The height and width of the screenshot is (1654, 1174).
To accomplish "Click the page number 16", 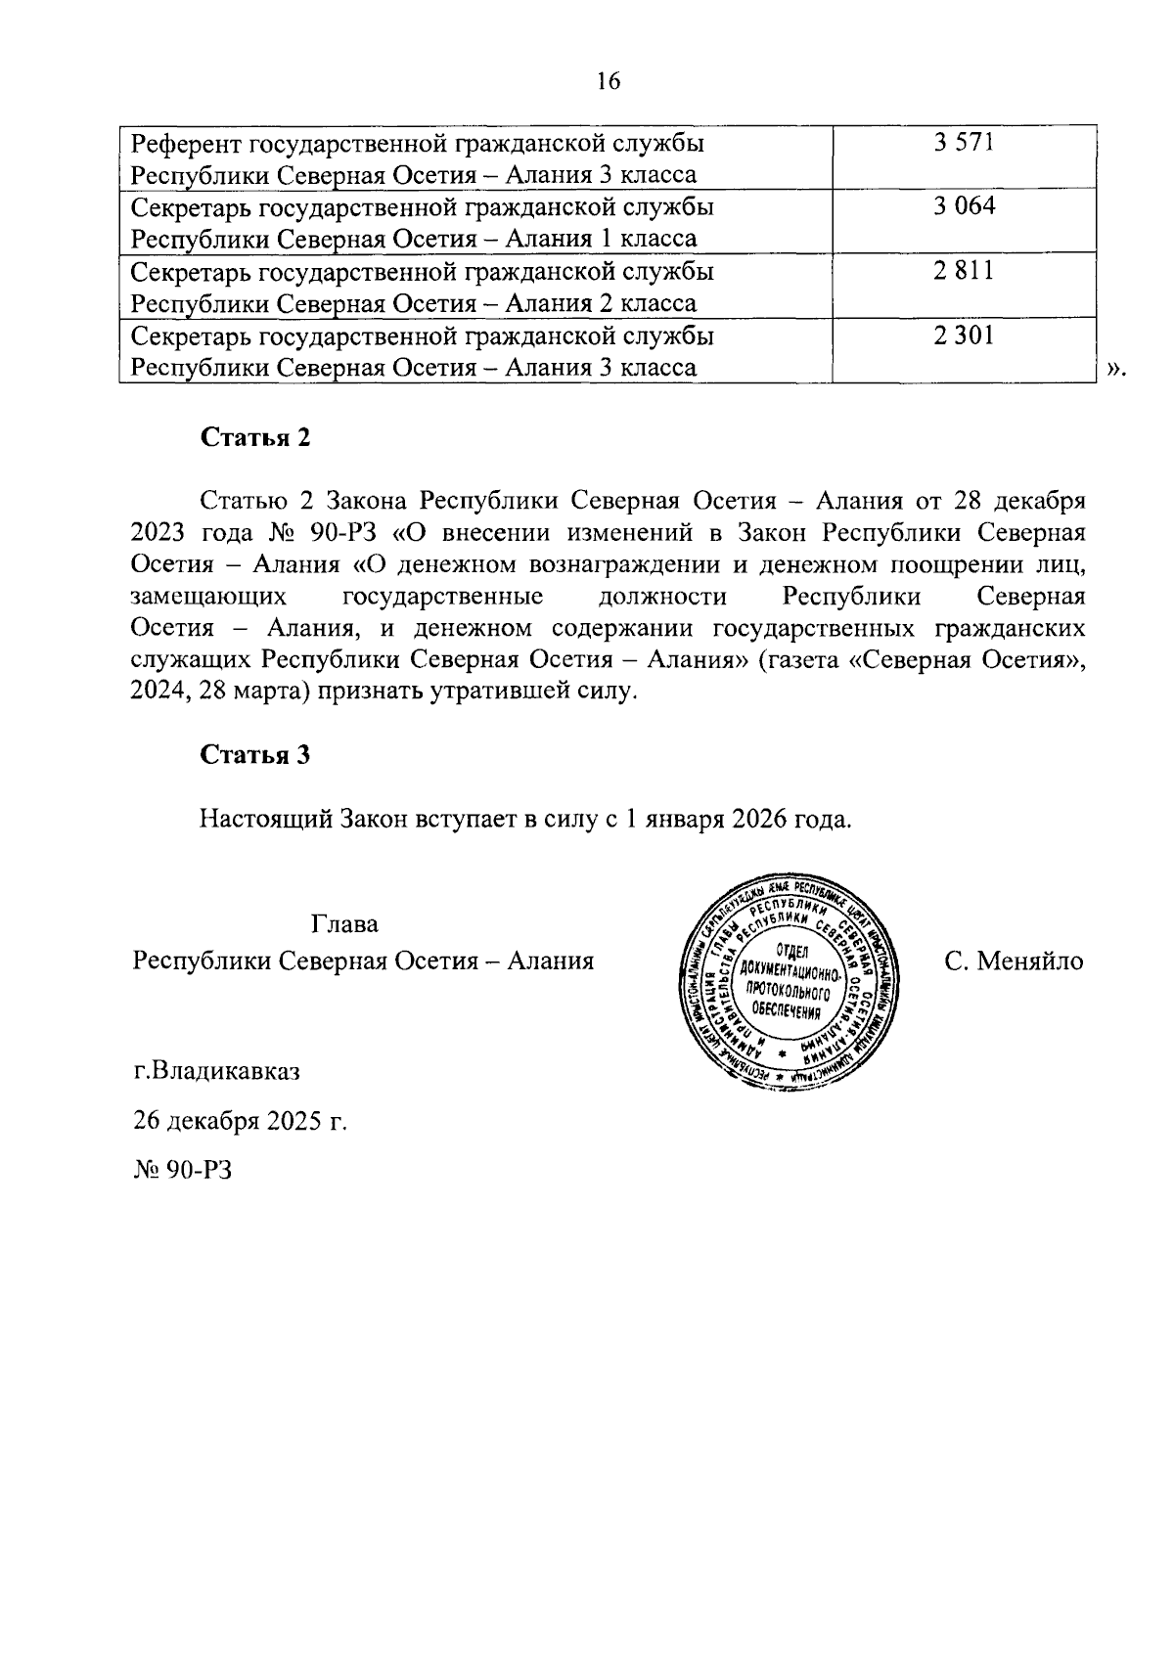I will click(608, 81).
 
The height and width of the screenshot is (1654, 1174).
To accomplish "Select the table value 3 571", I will click(964, 143).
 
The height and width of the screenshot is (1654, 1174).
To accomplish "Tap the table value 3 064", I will click(964, 207).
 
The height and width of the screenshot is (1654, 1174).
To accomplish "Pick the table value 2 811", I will click(964, 271).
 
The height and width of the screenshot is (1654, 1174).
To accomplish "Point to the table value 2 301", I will click(964, 335).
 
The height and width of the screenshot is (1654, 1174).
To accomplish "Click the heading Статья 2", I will click(255, 437).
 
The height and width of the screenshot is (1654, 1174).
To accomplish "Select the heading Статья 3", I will click(255, 754).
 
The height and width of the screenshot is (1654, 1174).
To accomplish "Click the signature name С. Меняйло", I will click(1014, 961).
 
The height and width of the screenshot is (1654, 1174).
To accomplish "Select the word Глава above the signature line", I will click(344, 923).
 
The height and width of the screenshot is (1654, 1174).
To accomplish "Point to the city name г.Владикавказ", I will click(217, 1070).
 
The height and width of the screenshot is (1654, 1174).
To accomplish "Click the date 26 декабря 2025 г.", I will click(241, 1120).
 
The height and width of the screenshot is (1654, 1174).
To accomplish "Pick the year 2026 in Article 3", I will click(758, 819).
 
